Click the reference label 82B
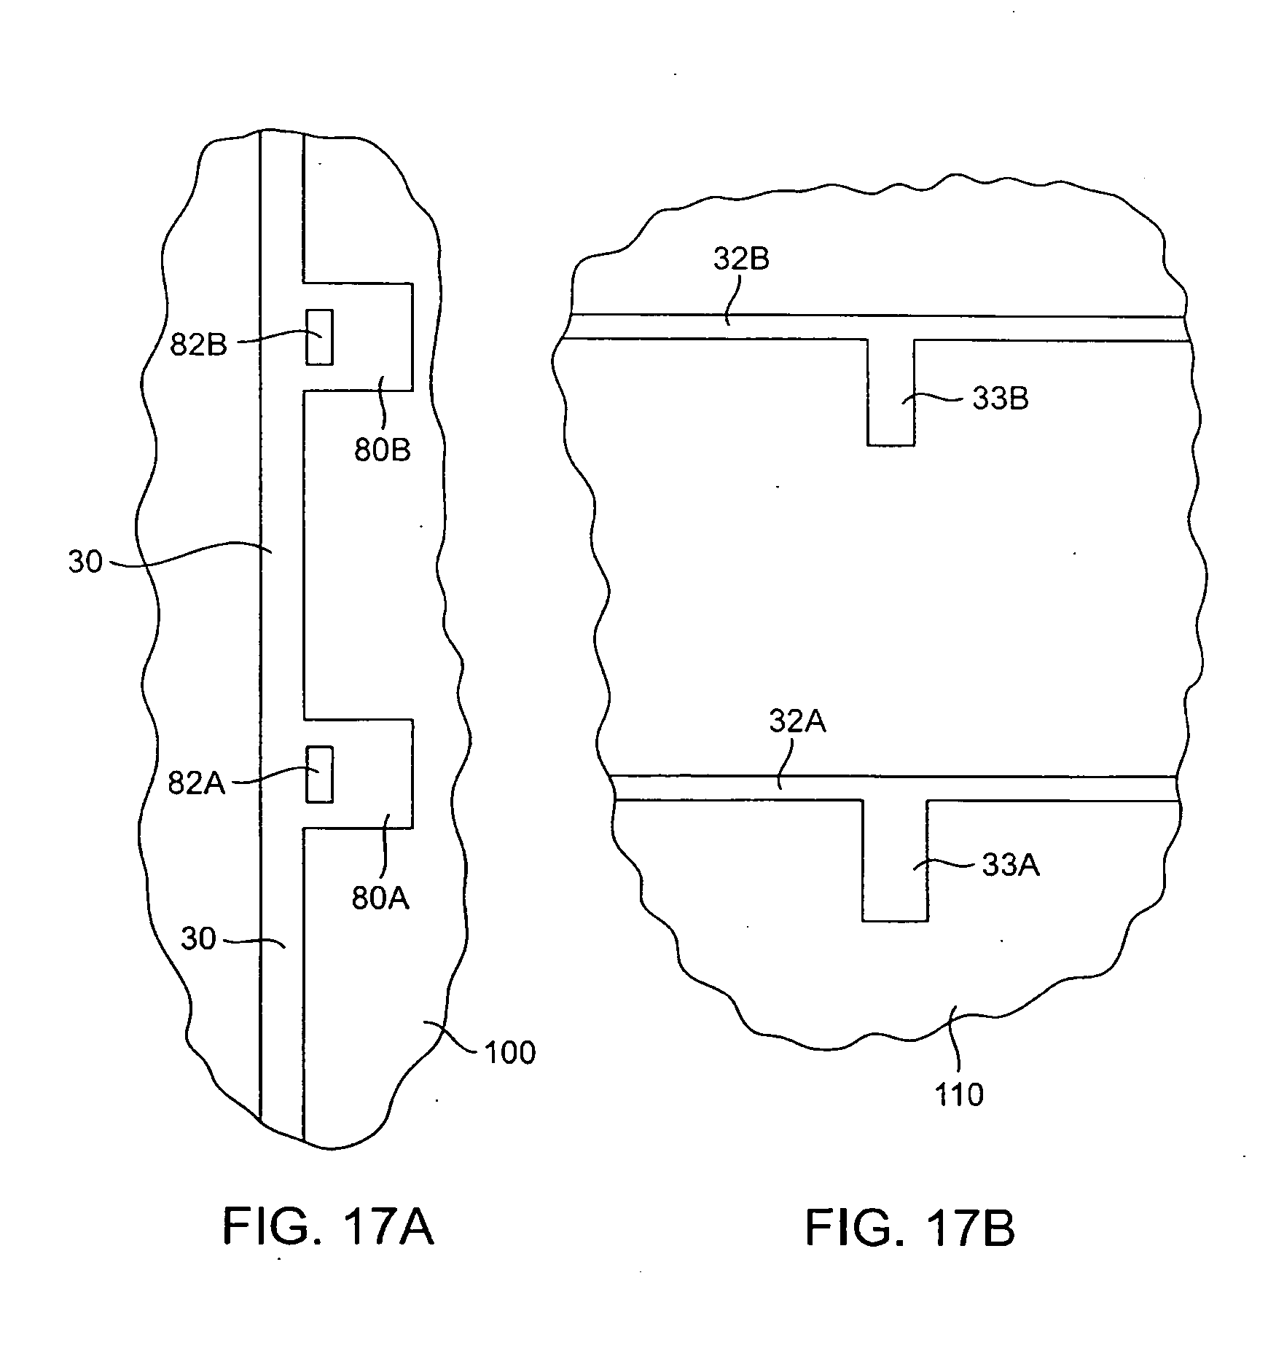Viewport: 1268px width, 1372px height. pyautogui.click(x=198, y=344)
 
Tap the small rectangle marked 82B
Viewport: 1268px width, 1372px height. pyautogui.click(x=319, y=337)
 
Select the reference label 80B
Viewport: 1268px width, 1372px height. pyautogui.click(x=383, y=450)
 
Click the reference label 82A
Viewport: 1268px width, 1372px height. pyautogui.click(x=197, y=784)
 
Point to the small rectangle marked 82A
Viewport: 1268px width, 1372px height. pyautogui.click(x=319, y=775)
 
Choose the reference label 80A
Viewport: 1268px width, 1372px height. pyautogui.click(x=380, y=898)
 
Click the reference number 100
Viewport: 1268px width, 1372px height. pyautogui.click(x=510, y=1052)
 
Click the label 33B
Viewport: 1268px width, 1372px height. pyautogui.click(x=1001, y=399)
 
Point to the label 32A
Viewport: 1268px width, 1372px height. pyautogui.click(x=797, y=721)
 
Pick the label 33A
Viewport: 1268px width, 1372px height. pyautogui.click(x=1011, y=866)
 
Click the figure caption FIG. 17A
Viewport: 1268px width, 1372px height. pyautogui.click(x=328, y=1227)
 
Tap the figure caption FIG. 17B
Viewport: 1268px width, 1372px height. pyautogui.click(x=909, y=1228)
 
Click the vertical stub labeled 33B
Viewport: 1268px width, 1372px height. pyautogui.click(x=891, y=392)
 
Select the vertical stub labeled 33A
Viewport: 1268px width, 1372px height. pyautogui.click(x=895, y=861)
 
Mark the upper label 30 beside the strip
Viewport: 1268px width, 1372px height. pyautogui.click(x=85, y=562)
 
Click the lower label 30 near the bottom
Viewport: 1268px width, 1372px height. pyautogui.click(x=198, y=938)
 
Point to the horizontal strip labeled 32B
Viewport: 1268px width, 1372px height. pyautogui.click(x=874, y=327)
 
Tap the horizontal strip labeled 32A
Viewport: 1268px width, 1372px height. pyautogui.click(x=893, y=788)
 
